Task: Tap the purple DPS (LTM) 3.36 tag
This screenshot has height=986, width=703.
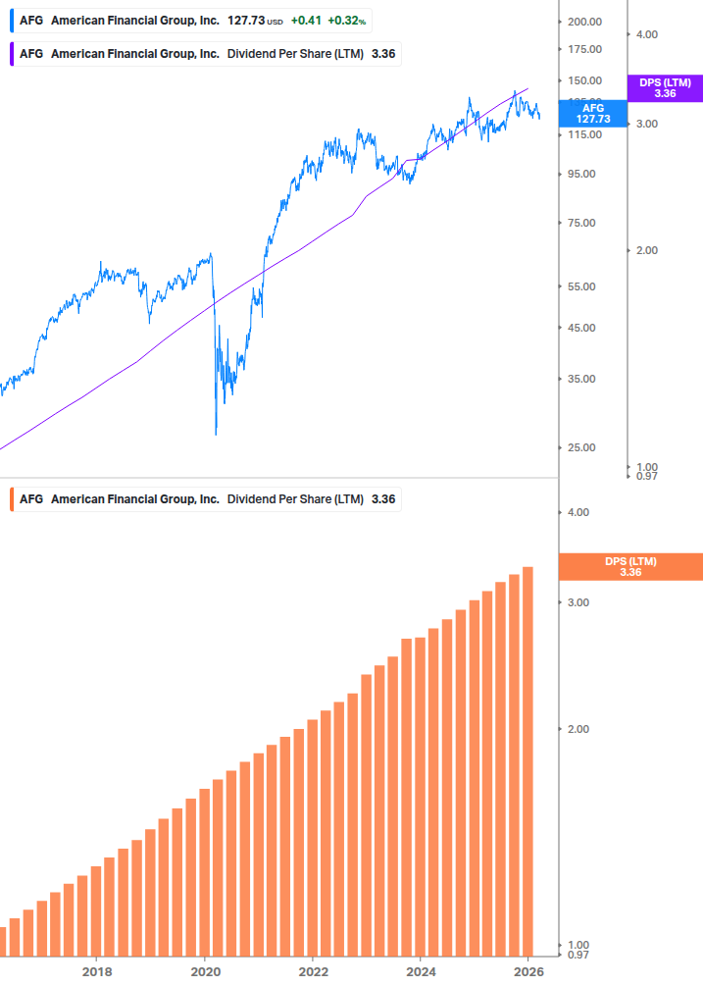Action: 665,88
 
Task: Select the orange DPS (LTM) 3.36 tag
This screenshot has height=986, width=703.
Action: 629,566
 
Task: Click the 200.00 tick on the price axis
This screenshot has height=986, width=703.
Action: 584,22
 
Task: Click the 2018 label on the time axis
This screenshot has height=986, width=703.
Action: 96,972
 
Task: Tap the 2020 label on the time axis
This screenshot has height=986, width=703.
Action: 204,972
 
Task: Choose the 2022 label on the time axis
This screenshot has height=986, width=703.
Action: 312,972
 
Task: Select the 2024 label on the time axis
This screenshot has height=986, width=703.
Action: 420,972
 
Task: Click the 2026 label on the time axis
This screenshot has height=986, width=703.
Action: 527,972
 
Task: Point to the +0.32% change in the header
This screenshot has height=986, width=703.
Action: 346,21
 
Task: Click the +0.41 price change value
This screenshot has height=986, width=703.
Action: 306,21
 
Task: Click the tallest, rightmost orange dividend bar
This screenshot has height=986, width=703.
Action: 527,760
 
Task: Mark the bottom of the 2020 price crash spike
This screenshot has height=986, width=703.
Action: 216,434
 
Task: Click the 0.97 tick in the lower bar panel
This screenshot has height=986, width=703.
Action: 577,955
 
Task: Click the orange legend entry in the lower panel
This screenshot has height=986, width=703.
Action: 207,499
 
